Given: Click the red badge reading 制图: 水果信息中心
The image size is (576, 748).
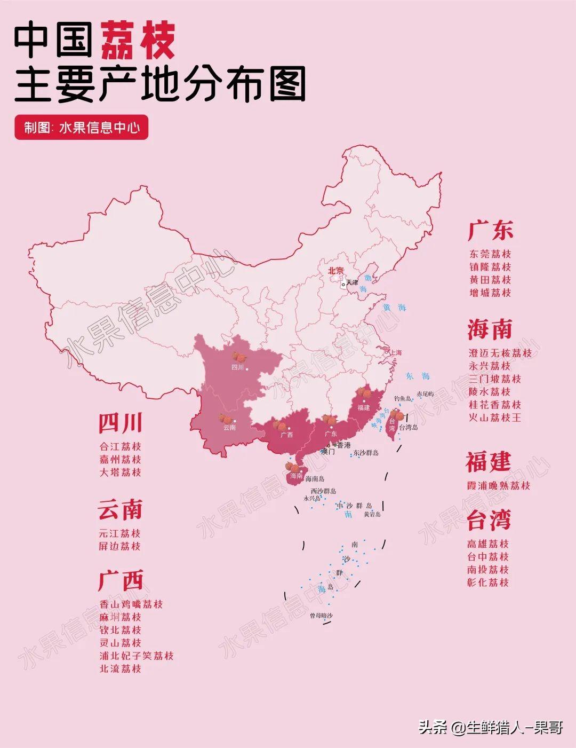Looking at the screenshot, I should (x=81, y=128).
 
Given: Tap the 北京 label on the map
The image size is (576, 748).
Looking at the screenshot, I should (x=336, y=271).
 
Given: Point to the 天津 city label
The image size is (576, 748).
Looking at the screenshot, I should (x=352, y=282).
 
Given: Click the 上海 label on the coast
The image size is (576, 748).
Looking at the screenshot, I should (x=395, y=352).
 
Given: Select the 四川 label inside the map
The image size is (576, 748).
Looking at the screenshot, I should (x=237, y=367).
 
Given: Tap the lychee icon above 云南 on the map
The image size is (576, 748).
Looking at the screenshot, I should (x=225, y=419).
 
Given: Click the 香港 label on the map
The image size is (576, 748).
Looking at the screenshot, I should (x=343, y=445).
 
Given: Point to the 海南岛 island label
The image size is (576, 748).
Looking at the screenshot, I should (x=315, y=479).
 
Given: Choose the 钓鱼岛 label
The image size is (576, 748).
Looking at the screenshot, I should (x=403, y=399).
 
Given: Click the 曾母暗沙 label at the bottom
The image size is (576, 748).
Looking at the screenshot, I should (x=321, y=616).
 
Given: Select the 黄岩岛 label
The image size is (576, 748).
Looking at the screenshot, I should (x=372, y=514).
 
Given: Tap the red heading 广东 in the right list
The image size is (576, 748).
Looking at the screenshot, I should (x=490, y=230).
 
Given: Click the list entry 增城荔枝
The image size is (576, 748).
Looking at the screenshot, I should (x=490, y=293).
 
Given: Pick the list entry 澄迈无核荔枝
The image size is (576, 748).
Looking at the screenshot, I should (x=500, y=353).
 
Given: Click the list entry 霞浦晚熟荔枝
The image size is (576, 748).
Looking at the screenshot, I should (x=499, y=485).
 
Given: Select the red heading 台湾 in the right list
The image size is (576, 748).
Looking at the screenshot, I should (x=489, y=519).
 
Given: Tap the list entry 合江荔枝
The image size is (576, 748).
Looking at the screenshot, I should (x=120, y=446).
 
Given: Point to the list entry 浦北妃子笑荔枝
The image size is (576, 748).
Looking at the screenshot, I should (x=137, y=656).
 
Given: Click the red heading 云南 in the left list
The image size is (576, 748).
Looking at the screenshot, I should (x=120, y=510).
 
